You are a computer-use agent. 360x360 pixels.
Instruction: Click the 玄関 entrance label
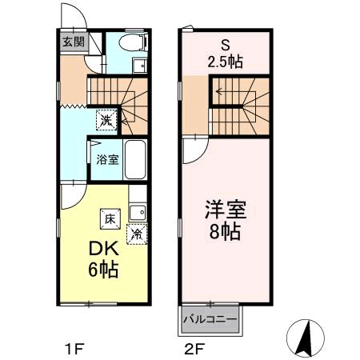pos(74,42)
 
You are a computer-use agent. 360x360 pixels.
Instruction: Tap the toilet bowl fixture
pos(133,42)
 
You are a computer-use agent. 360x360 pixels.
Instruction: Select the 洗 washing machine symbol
pos(106,120)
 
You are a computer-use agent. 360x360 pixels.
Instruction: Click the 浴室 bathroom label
pos(107,159)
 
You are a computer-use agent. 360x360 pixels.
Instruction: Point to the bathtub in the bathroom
pos(135,159)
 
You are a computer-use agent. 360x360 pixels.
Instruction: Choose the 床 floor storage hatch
pos(110,219)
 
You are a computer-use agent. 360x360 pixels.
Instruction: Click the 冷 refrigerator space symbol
pos(137,234)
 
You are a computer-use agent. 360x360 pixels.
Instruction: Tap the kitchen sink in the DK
pos(138,213)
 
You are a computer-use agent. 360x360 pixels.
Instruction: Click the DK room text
pos(103,249)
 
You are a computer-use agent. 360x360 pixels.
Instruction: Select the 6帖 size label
pos(103,270)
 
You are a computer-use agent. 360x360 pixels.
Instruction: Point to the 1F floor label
pos(74,349)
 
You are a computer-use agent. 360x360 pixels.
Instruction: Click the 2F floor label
pos(194,349)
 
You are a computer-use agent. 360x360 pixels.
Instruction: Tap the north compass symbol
pos(306,338)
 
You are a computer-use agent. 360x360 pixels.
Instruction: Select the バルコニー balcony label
pos(210,319)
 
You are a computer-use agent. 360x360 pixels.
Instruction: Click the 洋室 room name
pos(226,210)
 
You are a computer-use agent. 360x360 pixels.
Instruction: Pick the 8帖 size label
pos(226,231)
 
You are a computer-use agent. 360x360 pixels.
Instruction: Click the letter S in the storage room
pos(226,46)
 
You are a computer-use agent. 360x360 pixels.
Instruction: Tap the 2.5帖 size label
pos(226,62)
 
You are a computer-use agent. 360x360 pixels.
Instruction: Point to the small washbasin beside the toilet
pos(140,66)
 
